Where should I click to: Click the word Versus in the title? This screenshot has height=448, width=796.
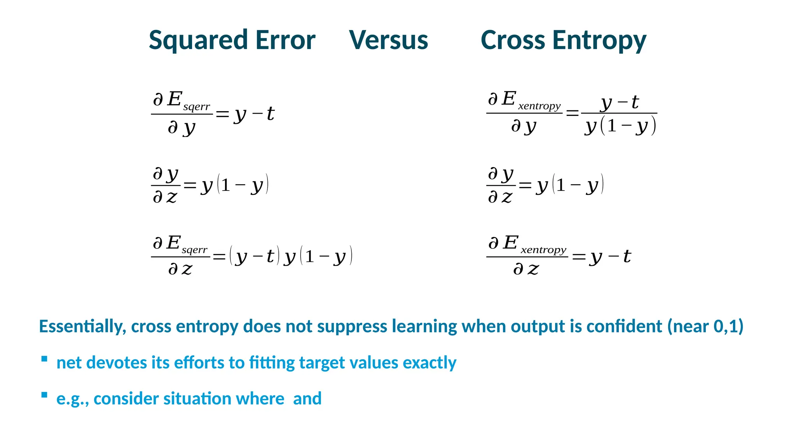point(388,40)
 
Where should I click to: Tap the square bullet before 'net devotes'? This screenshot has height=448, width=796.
point(44,359)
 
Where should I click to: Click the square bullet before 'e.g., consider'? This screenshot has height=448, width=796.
point(44,395)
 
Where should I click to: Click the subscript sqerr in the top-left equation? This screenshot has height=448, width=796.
point(196,107)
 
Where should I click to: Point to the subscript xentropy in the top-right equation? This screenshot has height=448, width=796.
point(539,106)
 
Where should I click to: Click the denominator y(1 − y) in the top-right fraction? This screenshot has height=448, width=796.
point(620,126)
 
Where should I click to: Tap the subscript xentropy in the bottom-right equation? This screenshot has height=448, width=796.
point(543,250)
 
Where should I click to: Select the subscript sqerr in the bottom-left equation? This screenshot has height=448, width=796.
point(194,250)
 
